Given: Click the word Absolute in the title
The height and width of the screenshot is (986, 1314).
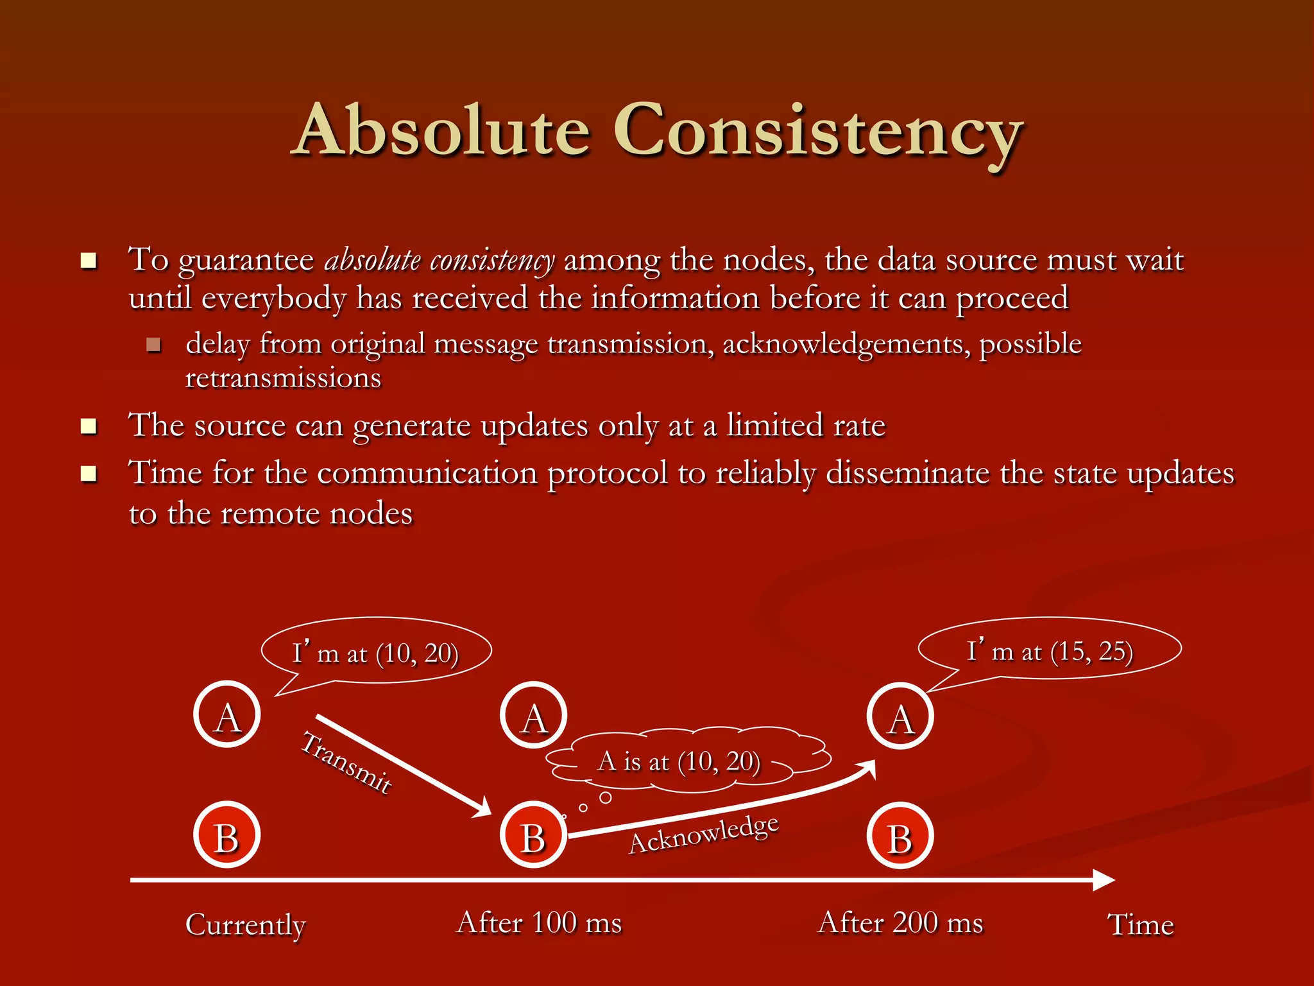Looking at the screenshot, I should (443, 131).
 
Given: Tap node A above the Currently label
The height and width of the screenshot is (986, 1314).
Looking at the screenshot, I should (227, 714).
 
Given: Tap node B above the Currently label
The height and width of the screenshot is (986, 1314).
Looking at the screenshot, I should (227, 835).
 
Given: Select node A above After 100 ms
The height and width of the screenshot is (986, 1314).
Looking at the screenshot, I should (533, 715).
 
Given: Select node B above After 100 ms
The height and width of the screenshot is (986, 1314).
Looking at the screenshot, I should (533, 835).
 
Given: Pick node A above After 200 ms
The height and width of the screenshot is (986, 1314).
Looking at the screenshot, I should (900, 716).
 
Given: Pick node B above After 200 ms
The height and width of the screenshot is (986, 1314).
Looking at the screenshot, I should (900, 836).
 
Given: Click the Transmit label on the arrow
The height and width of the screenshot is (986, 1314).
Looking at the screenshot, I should (346, 762).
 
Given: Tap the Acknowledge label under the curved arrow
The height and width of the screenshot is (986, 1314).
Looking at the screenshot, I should (704, 834).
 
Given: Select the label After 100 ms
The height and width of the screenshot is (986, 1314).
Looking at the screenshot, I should (539, 923).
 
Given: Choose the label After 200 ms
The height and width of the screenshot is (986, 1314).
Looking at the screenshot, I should (900, 923).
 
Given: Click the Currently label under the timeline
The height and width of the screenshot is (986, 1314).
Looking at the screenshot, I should (246, 925).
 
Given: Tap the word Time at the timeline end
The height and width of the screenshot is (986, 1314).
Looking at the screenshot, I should (1140, 925).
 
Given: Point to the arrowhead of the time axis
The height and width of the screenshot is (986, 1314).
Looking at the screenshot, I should (1104, 880).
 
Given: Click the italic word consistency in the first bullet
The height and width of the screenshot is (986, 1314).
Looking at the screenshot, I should (492, 261).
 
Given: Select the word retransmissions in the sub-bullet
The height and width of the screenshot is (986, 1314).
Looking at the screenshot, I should (283, 378).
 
